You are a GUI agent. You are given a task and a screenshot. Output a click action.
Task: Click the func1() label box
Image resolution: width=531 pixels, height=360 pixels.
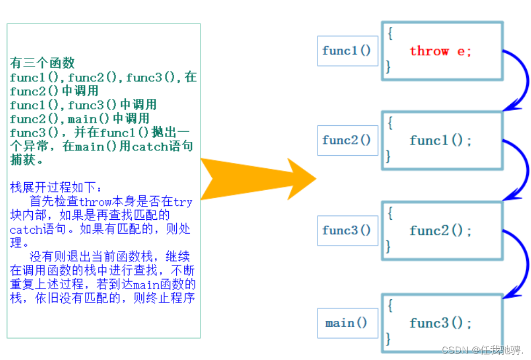(347, 51)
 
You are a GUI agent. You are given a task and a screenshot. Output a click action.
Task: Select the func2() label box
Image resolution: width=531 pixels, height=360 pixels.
(347, 140)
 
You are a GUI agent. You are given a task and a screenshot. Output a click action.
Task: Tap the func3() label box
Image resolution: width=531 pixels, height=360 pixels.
(347, 231)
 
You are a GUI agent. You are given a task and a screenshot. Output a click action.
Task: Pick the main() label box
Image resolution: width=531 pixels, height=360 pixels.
(347, 323)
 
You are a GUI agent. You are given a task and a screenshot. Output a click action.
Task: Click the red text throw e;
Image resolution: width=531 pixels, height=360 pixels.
(440, 51)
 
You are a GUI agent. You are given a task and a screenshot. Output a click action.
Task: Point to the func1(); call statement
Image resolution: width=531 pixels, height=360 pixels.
(440, 140)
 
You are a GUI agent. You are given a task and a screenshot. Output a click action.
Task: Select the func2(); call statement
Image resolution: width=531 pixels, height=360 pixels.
(440, 231)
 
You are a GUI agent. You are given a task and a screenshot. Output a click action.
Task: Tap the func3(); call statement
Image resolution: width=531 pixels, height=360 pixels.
(440, 323)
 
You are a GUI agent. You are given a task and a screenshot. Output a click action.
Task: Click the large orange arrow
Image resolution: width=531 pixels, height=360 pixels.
(257, 179)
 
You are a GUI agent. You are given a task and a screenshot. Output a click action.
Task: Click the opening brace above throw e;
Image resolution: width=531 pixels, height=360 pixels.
(390, 33)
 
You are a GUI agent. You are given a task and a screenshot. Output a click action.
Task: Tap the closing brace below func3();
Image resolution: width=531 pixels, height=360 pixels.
(388, 339)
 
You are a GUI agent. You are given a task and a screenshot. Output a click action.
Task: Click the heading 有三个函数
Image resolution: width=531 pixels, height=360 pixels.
(42, 63)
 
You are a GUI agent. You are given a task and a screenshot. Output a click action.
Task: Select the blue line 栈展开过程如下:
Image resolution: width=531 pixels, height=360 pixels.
(55, 188)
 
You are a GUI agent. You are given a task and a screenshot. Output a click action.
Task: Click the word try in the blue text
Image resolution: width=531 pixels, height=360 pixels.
(183, 202)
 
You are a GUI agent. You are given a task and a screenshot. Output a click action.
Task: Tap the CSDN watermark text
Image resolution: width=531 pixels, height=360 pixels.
(483, 350)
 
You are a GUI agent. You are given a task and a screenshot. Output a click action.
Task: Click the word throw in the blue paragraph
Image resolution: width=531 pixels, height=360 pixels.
(95, 202)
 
